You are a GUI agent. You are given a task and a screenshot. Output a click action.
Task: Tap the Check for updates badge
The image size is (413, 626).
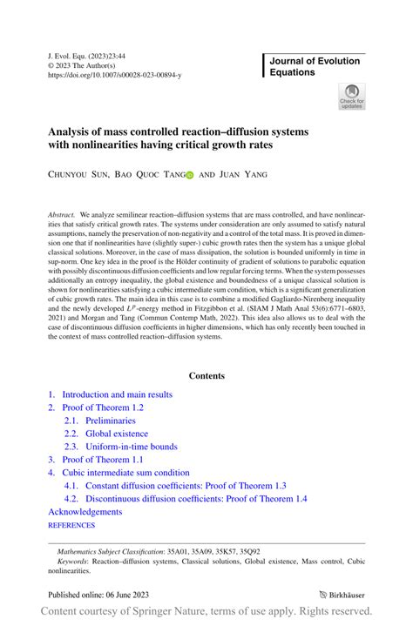(x=352, y=97)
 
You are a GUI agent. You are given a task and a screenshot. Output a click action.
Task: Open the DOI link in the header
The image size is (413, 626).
(x=114, y=76)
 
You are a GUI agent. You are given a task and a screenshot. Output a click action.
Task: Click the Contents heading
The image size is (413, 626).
(x=206, y=375)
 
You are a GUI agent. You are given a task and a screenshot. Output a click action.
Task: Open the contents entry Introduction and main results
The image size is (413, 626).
(x=115, y=394)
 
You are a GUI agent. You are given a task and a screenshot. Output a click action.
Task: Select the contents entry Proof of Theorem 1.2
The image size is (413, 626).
(x=102, y=407)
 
